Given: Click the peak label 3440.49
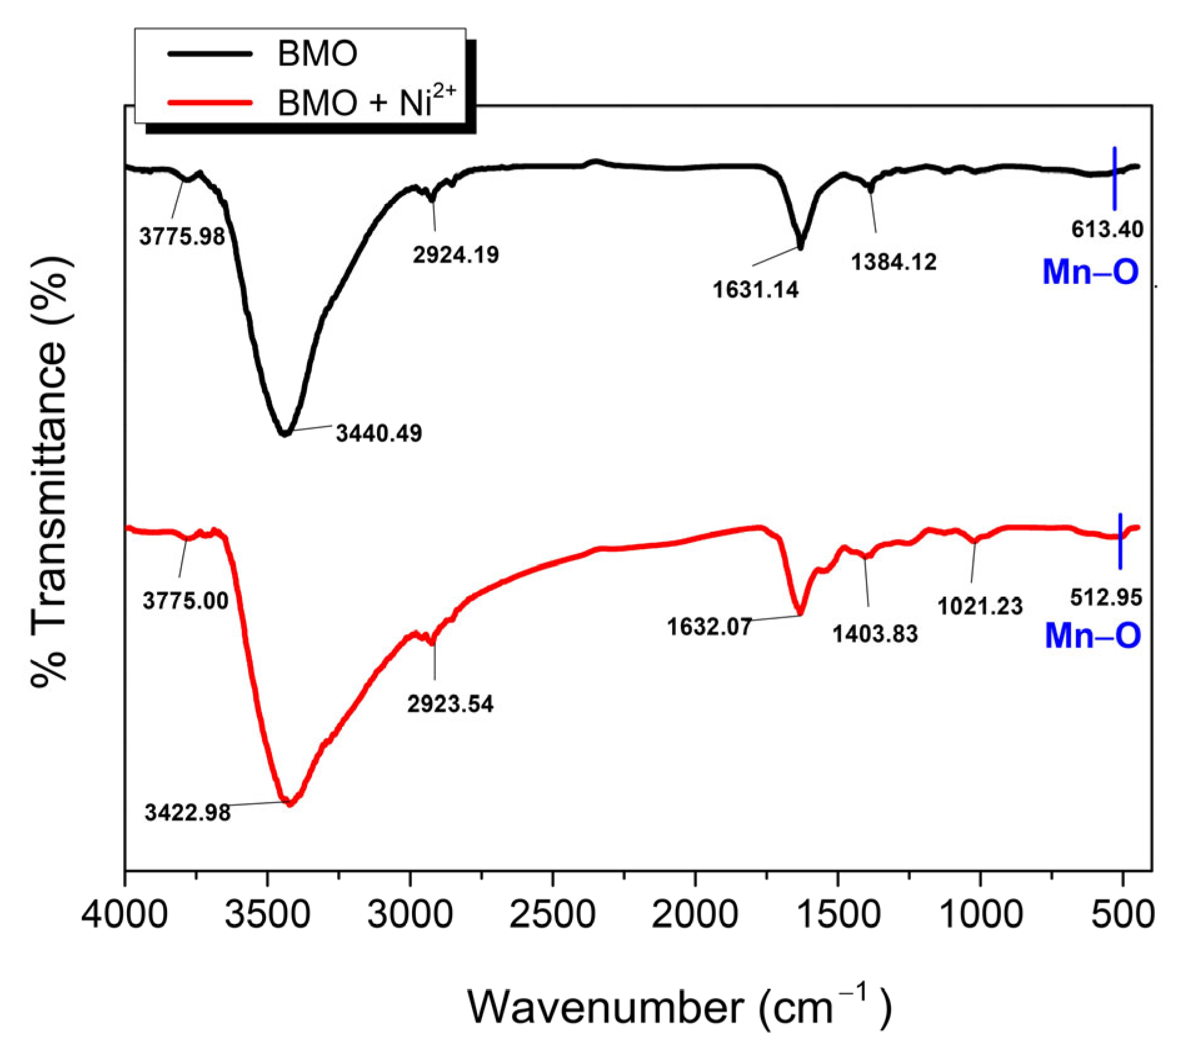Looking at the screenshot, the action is click(379, 433).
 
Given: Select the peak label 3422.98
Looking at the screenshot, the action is click(188, 812).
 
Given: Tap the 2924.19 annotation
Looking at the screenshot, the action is click(456, 255).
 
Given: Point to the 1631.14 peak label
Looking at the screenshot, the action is click(756, 290).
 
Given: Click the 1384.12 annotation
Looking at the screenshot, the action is click(894, 262).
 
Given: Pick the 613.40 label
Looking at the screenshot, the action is click(1107, 230).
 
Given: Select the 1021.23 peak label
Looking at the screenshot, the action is click(980, 606).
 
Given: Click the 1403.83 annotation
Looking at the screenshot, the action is click(875, 634).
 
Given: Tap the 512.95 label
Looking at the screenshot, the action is click(1106, 597).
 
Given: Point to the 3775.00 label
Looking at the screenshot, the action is click(186, 601).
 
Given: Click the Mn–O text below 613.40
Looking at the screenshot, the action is click(1090, 272).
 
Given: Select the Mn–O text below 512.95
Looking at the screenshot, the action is click(1093, 635).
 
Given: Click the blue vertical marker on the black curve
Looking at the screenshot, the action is click(1114, 179).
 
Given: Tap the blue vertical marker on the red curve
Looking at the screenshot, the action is click(1120, 541).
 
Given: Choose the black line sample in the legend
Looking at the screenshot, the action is click(210, 54).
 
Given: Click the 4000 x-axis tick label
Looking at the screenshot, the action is click(125, 914).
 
